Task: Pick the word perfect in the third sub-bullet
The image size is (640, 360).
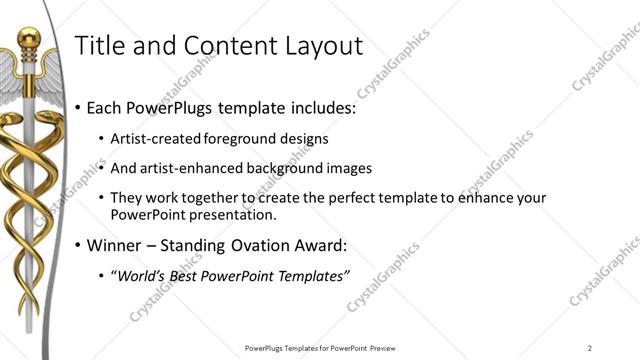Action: coord(332,198)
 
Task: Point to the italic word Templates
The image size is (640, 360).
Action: coord(311,276)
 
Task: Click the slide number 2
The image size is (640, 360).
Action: coord(590,348)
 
